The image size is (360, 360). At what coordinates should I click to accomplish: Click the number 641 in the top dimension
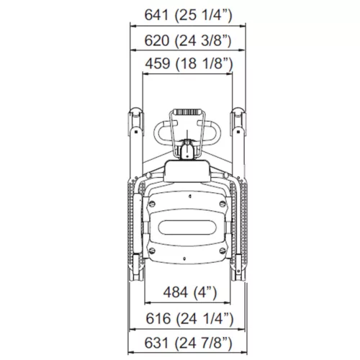coord(156,15)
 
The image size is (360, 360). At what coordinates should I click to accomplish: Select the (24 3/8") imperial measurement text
coord(203,40)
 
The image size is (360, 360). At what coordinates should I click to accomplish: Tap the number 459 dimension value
coord(158,63)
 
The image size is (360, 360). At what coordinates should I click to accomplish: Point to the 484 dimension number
coord(176,292)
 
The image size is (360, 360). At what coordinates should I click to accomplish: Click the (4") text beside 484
coord(204,292)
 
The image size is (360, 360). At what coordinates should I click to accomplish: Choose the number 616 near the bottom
coord(158,318)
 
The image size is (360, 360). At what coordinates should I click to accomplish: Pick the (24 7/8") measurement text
coord(204,343)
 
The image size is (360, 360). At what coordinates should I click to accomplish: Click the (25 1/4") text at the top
coord(204,15)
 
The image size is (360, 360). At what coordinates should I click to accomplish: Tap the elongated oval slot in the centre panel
coord(187,228)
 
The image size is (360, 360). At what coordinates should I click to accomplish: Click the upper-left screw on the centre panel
coord(152,204)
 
